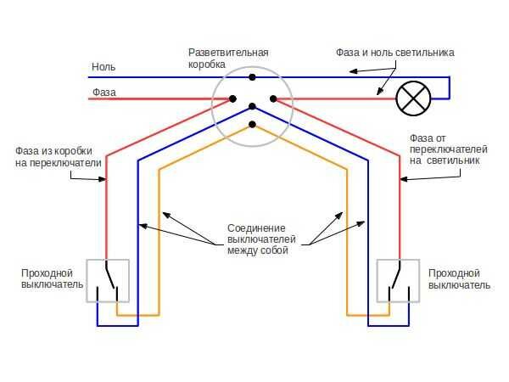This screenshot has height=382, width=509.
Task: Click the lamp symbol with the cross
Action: [x=413, y=98]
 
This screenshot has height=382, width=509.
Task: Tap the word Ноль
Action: [x=103, y=67]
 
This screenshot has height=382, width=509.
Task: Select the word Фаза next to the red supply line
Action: [x=104, y=93]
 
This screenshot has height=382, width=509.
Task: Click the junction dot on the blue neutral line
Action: [x=252, y=77]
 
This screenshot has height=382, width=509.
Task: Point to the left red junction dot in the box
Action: [x=232, y=98]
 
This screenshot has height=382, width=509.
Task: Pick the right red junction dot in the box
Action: [x=273, y=98]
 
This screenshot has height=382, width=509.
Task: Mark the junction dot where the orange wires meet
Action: [x=252, y=125]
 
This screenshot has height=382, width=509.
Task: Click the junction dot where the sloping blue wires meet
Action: [x=252, y=106]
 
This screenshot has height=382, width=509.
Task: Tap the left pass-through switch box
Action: [x=108, y=281]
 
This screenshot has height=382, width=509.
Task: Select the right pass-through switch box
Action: [x=398, y=281]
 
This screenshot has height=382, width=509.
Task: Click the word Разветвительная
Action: [x=228, y=53]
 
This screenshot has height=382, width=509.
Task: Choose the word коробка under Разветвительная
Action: [x=207, y=64]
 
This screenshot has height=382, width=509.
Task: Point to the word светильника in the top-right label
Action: [x=424, y=53]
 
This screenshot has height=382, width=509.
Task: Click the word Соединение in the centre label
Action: [x=256, y=228]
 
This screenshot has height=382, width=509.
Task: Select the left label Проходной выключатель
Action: [x=53, y=278]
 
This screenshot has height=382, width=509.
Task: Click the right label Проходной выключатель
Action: [x=459, y=278]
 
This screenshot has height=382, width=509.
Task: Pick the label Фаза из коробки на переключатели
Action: [x=59, y=157]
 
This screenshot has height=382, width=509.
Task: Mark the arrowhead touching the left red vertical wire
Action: [x=103, y=179]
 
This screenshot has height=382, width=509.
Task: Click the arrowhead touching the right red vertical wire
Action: [x=404, y=179]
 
